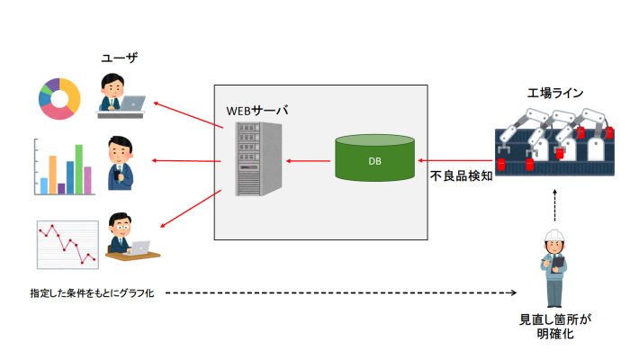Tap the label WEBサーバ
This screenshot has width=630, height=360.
(257, 110)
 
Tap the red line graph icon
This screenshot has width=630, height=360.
(66, 243)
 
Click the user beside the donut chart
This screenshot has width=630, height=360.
(120, 94)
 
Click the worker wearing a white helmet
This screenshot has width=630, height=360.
(553, 267)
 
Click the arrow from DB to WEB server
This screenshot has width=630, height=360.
(308, 160)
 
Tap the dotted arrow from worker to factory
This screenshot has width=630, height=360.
(553, 207)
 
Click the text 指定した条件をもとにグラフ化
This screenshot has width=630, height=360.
(93, 293)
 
